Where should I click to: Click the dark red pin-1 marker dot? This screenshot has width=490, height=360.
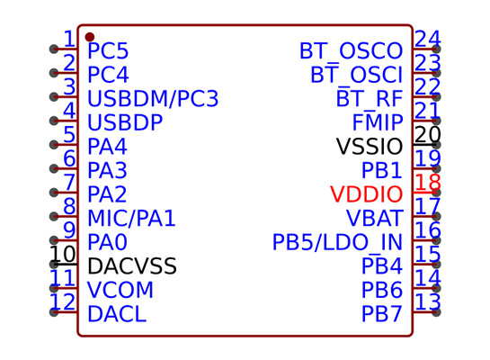pos(90,37)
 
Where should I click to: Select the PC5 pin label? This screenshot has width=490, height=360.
pos(108,50)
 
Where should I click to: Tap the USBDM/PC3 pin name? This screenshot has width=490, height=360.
pos(153,98)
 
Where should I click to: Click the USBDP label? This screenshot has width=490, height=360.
pos(125,122)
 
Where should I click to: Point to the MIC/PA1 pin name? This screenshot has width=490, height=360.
pos(131,218)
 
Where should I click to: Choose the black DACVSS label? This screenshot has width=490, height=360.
pos(132,266)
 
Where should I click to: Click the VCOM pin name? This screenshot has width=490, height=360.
pos(120,290)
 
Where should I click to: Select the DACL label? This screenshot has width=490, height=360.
pos(117,314)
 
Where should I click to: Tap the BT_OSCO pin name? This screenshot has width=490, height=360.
pos(351,51)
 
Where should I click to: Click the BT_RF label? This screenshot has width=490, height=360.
pos(370,98)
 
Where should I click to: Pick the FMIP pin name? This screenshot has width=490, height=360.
pos(378,122)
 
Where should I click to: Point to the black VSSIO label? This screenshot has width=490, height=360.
pos(370,147)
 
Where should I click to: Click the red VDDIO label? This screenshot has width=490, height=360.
pos(367,194)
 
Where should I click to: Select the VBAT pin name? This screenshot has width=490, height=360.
pos(375,218)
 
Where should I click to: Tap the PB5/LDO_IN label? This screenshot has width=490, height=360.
pos(337,242)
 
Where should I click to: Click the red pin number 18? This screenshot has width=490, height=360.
pos(428,182)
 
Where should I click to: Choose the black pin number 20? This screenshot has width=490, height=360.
pos(428,134)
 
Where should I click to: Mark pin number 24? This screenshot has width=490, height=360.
pos(428,39)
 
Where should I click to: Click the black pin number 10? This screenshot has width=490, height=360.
pos(63,254)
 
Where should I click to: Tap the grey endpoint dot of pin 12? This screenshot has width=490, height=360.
pos(54,312)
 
